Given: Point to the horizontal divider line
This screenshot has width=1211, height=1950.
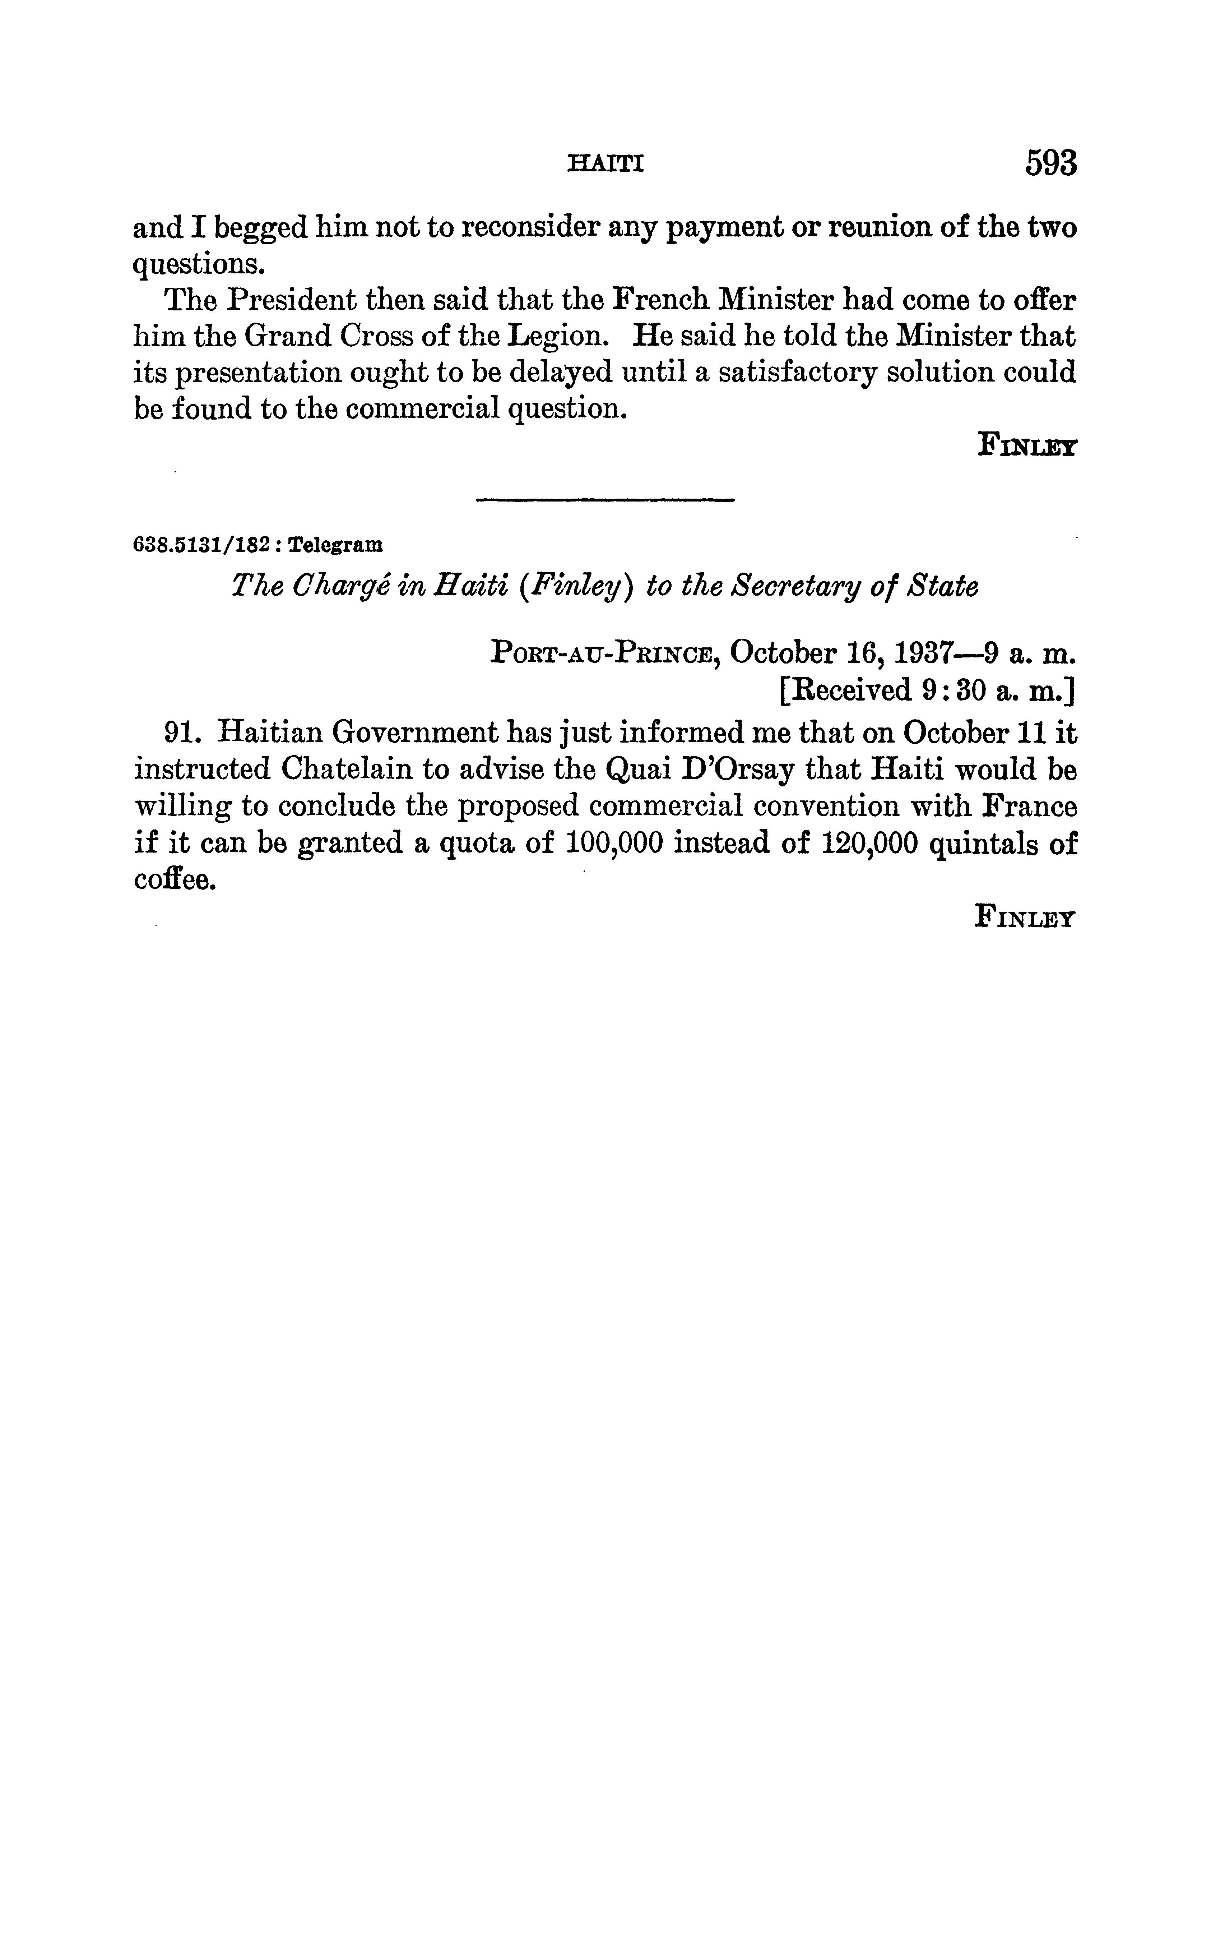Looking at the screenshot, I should [605, 501].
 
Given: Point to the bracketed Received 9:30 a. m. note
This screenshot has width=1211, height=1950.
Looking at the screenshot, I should [927, 690].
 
